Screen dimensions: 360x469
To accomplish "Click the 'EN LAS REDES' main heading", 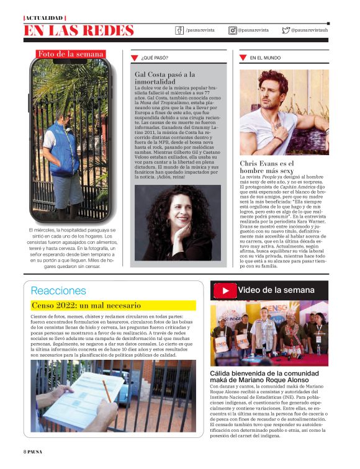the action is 79,30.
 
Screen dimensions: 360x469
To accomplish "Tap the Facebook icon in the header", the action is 180,30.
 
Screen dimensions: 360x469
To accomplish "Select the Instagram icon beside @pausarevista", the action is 233,30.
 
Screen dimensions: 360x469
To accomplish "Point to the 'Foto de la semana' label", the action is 71,54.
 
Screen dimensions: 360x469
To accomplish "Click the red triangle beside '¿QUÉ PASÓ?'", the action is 134,58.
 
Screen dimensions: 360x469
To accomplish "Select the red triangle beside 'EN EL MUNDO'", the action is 243,58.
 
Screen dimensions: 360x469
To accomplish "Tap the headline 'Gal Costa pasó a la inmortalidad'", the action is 165,78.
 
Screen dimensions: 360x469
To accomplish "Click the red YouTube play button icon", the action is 225,290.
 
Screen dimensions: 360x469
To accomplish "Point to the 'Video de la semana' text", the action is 276,290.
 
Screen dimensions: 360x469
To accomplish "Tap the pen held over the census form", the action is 106,391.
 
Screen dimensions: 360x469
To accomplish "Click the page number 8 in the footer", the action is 25,451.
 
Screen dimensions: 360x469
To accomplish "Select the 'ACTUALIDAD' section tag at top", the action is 45,18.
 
